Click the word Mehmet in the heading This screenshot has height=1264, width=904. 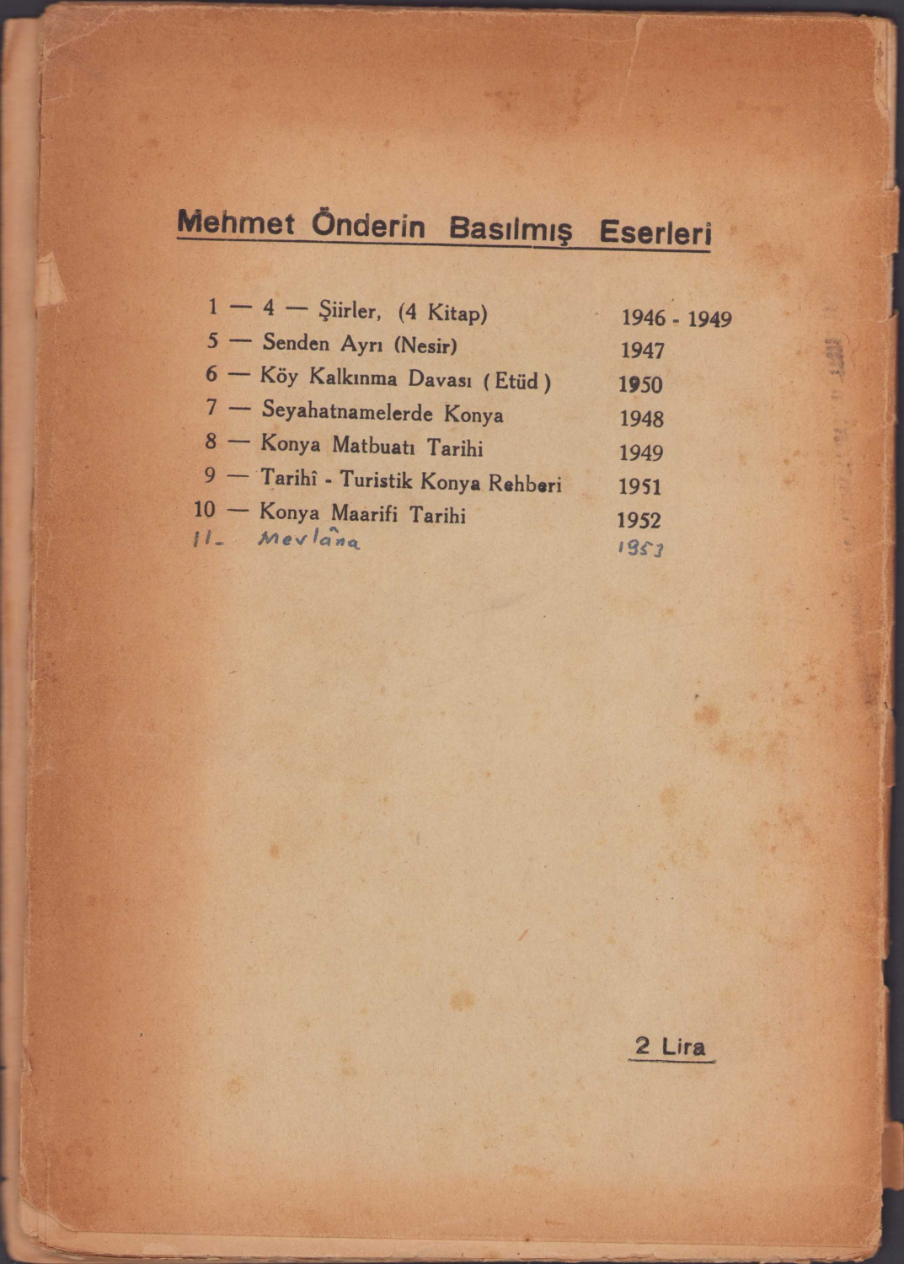click(x=236, y=223)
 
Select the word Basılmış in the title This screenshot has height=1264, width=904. click(x=510, y=228)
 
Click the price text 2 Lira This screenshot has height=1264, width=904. click(x=671, y=1047)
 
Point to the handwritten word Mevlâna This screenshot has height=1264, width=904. click(x=309, y=540)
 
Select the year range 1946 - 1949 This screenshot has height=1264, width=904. click(x=676, y=319)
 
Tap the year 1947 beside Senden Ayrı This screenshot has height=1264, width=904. click(x=642, y=351)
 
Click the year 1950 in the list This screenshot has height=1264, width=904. click(x=640, y=385)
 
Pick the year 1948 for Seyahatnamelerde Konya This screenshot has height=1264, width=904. click(x=641, y=419)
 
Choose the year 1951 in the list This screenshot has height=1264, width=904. click(x=639, y=486)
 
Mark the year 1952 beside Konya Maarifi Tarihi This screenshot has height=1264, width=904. click(x=639, y=520)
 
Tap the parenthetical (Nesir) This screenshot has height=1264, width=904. click(x=425, y=345)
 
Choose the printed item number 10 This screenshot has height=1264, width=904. click(x=205, y=510)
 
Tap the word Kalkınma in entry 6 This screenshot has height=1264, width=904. click(x=353, y=378)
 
